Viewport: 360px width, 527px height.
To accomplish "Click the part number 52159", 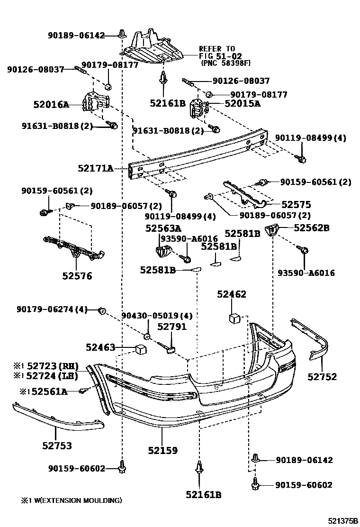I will pos(162,450).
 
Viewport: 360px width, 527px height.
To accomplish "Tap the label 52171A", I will pos(96,168).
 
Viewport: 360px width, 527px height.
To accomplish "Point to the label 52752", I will pos(322,377).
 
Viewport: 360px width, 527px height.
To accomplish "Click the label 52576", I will pos(76,276).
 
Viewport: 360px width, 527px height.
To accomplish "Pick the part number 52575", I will pos(296,205).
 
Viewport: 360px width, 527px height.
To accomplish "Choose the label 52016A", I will pos(51,104).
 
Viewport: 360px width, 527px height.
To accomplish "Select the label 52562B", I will pos(311,228).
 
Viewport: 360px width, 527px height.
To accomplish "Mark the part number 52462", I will pos(232,295).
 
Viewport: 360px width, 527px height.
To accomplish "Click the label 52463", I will pos(100,347).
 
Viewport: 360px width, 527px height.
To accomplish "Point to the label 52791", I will pos(172,327).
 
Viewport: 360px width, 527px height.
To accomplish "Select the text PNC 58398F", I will pos(225,62).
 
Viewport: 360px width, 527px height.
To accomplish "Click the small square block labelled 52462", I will pos(234,318).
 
